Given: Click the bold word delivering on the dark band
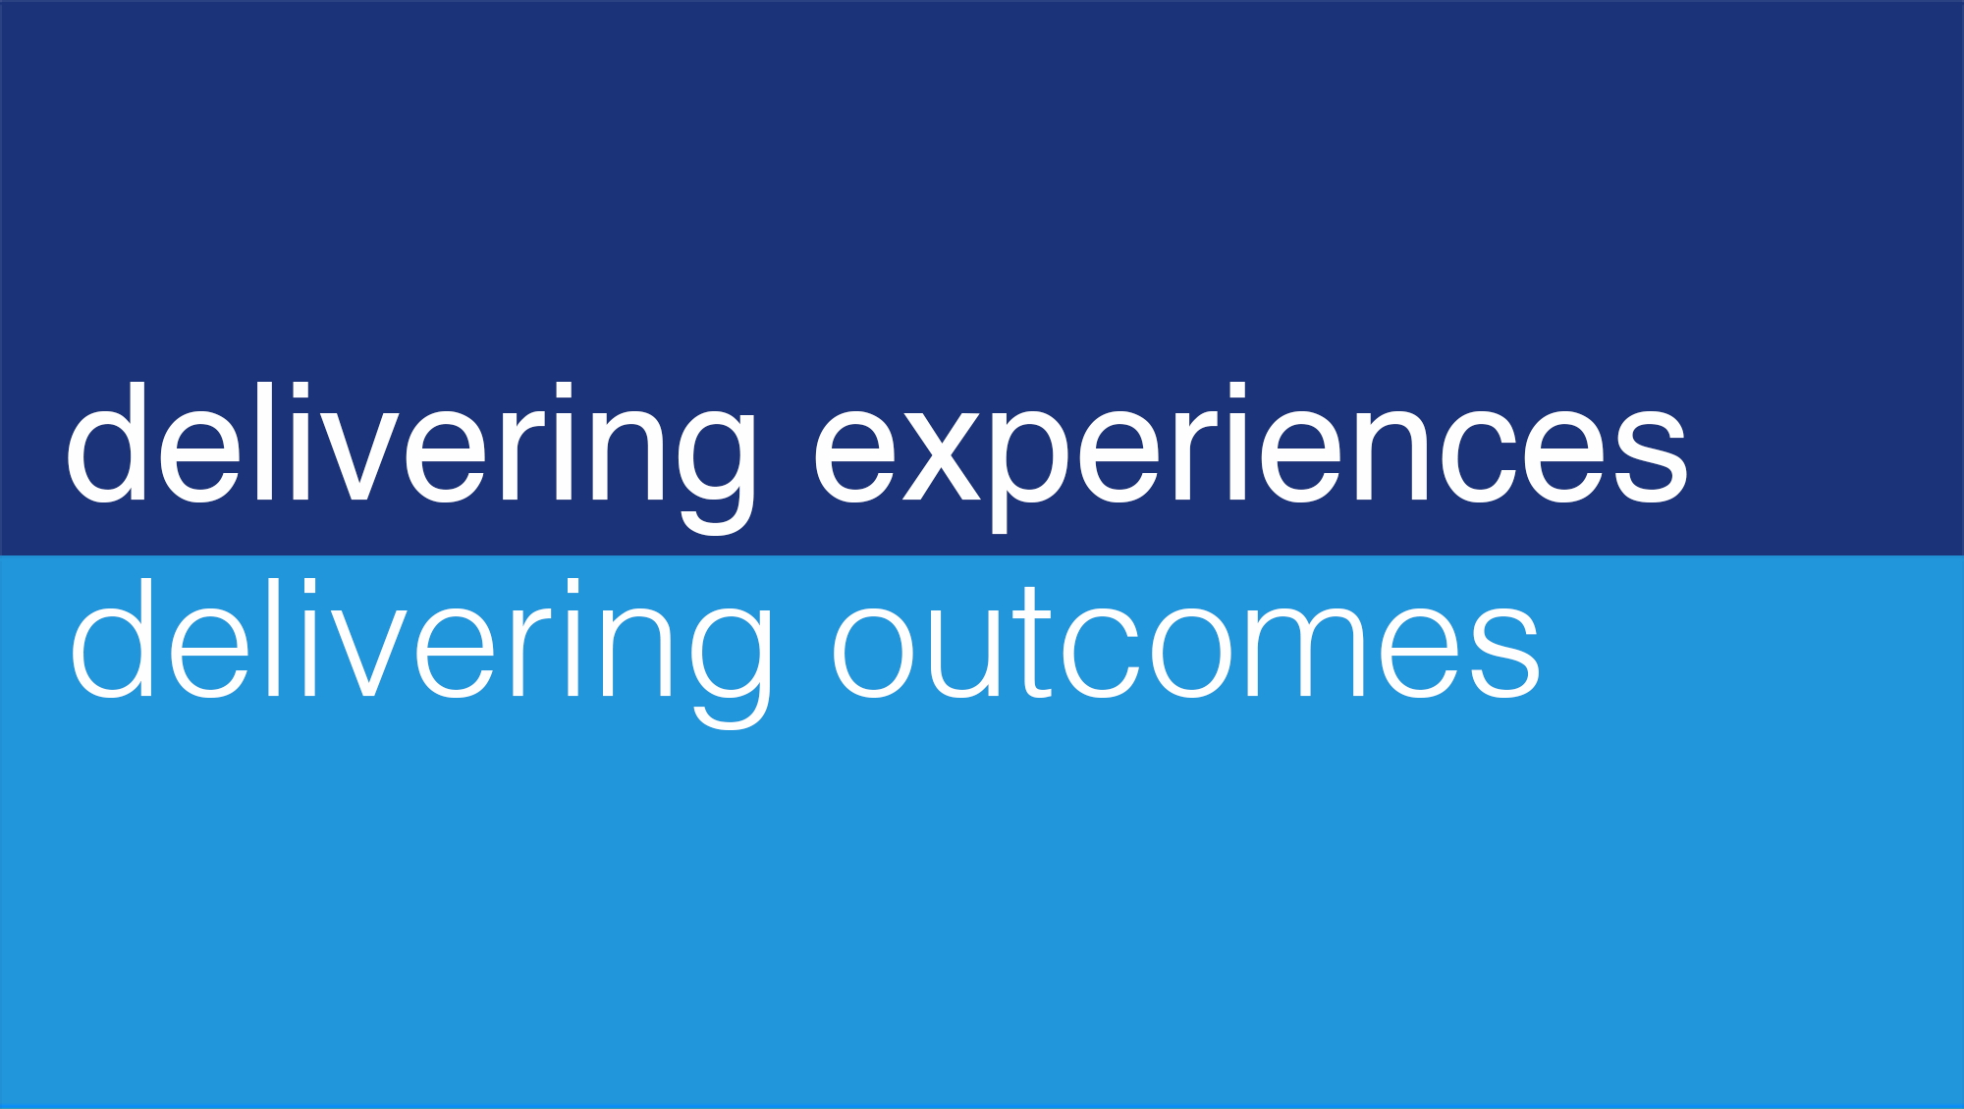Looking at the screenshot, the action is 411,457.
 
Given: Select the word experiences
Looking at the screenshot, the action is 1251,457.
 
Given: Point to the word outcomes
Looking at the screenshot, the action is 1186,643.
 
